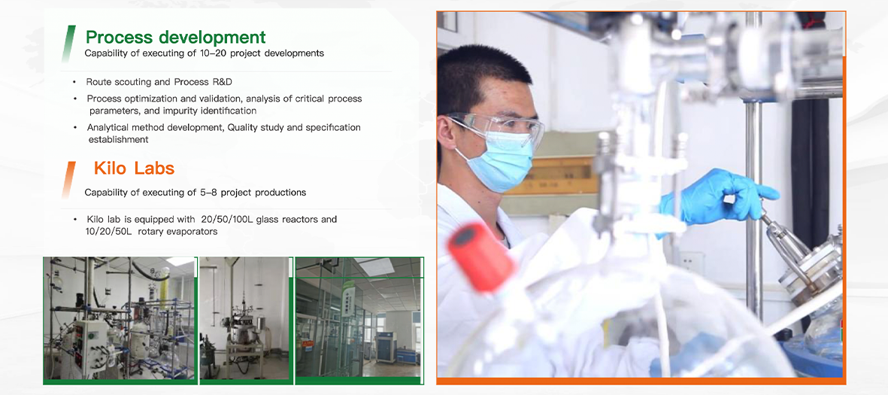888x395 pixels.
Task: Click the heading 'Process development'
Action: [175, 38]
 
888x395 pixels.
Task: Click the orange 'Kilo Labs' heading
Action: [135, 169]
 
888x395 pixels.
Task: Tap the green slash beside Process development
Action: [68, 44]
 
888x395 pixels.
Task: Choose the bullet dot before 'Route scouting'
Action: [74, 83]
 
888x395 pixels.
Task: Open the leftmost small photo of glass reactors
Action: [120, 318]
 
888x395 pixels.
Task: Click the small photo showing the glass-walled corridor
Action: [359, 318]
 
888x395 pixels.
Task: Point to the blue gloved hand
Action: [717, 196]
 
